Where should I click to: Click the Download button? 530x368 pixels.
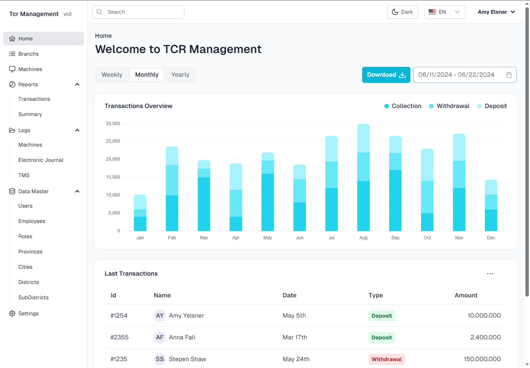pos(386,75)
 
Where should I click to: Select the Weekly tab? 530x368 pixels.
pos(112,75)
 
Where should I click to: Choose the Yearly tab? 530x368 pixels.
pos(180,75)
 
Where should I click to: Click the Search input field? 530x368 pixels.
pos(138,12)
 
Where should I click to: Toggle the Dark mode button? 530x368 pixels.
pos(402,12)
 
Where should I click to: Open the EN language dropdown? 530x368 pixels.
pos(445,12)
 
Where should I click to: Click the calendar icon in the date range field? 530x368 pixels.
pos(509,75)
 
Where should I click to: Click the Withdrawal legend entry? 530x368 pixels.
pos(449,106)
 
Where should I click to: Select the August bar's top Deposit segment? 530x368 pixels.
pos(363,138)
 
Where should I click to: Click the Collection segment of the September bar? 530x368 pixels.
pos(395,200)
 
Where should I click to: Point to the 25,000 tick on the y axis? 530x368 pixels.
pos(113,141)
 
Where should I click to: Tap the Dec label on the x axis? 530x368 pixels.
pos(491,237)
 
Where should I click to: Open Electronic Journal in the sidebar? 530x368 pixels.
pos(41,160)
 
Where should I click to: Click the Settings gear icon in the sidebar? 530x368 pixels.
pos(12,313)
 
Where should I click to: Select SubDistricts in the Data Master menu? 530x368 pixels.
pos(33,297)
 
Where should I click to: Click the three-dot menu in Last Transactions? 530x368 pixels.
pos(490,274)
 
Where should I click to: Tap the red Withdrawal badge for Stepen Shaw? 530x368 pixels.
pos(386,359)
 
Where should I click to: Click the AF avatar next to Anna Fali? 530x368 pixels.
pos(159,337)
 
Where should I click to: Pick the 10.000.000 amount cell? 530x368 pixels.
pos(484,316)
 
